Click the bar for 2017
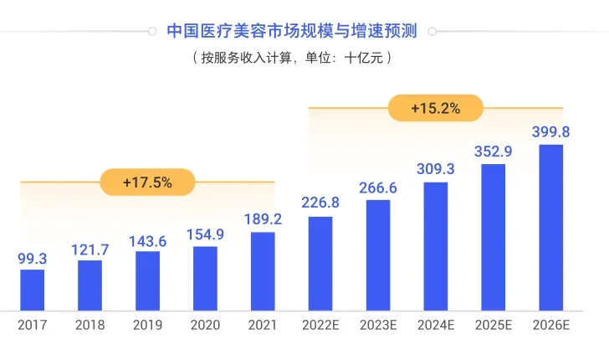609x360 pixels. (x=32, y=290)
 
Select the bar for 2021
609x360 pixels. (x=263, y=270)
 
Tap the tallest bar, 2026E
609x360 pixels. (x=550, y=227)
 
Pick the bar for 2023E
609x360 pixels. (x=378, y=255)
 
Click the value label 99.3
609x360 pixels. (x=32, y=259)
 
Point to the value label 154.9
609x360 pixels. (x=205, y=234)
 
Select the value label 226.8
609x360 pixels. (x=320, y=203)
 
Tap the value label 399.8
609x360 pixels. (x=550, y=131)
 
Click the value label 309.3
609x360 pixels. (x=435, y=169)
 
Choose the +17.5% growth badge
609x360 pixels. (x=147, y=182)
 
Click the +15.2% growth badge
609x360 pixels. (x=435, y=108)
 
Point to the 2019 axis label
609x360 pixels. (x=147, y=325)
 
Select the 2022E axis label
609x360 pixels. (x=320, y=325)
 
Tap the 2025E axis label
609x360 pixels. (x=493, y=325)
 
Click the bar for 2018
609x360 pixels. (x=90, y=285)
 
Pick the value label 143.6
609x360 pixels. (x=147, y=241)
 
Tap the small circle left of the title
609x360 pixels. (x=151, y=32)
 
